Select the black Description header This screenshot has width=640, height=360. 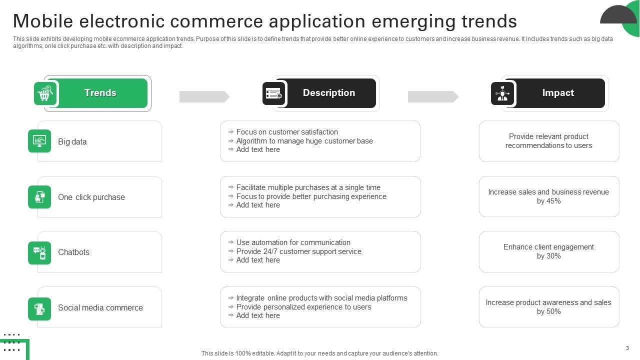(x=329, y=93)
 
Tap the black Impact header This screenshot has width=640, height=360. (x=558, y=93)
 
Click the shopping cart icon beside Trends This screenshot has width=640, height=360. (x=45, y=93)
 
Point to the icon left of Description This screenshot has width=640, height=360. (x=273, y=93)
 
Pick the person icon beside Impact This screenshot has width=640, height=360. (x=502, y=93)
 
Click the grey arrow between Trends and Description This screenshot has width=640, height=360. (x=204, y=96)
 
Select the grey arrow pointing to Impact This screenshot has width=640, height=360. (x=433, y=96)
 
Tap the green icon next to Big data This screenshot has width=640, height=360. (x=39, y=141)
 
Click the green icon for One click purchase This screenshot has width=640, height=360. (x=39, y=197)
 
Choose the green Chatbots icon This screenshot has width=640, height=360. (x=39, y=252)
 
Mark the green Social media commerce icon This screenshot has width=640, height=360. (x=39, y=308)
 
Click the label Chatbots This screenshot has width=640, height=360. (x=73, y=252)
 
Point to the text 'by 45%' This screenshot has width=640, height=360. (x=548, y=201)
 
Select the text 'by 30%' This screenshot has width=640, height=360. (x=548, y=256)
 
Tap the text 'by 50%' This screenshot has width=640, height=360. (x=548, y=311)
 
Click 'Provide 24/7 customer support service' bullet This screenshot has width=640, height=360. (x=298, y=251)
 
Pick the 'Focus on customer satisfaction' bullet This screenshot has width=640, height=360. (x=287, y=132)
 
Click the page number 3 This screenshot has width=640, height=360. (x=627, y=348)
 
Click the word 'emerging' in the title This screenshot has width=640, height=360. (x=413, y=21)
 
